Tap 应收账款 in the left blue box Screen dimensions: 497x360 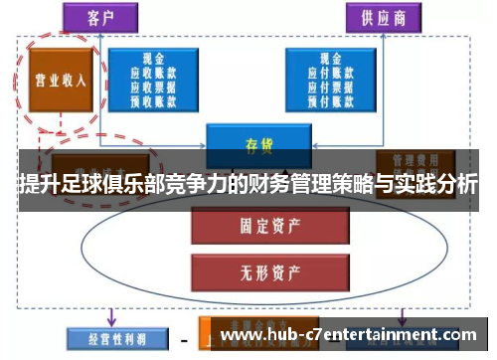point(155,73)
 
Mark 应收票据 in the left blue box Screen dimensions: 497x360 point(155,86)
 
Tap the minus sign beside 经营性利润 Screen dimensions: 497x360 point(184,338)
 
